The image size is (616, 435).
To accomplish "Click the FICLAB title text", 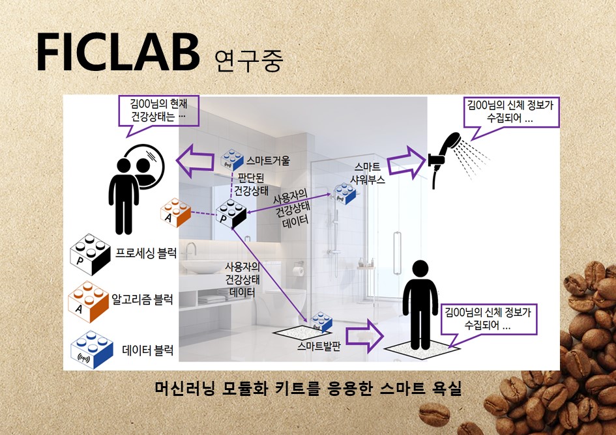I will (117, 53).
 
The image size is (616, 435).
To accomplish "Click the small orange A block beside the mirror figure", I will (175, 212).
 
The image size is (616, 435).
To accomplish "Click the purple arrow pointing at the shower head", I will (405, 162).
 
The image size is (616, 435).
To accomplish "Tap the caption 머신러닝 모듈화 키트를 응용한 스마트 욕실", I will (308, 389).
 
